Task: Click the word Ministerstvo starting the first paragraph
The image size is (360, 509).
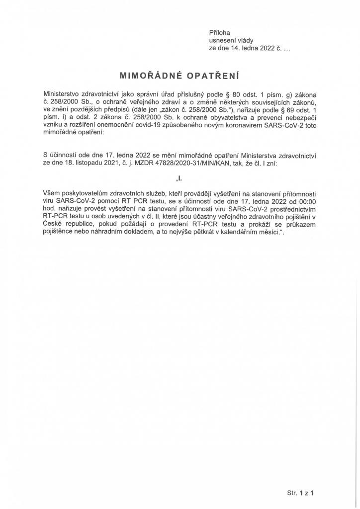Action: click(x=63, y=93)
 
